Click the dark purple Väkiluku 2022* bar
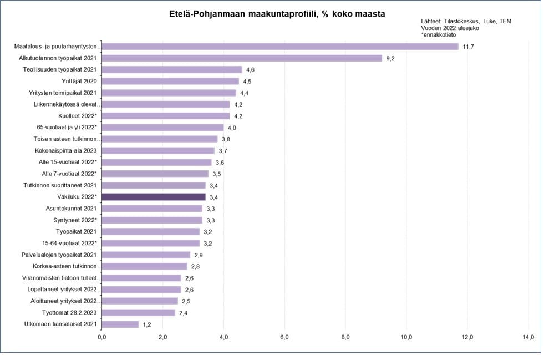(154, 197)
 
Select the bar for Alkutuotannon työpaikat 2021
(242, 58)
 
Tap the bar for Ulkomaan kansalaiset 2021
(120, 324)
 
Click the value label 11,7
(469, 47)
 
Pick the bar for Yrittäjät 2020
(170, 82)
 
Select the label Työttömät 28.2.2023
(69, 313)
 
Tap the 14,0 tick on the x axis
(528, 337)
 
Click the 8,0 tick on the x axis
(345, 337)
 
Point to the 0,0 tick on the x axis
(102, 337)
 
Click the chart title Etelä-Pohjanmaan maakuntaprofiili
(277, 13)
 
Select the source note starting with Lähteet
(466, 21)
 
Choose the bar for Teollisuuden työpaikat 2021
(172, 70)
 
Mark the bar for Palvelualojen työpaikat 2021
(146, 255)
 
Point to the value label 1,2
(147, 324)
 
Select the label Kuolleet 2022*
(78, 116)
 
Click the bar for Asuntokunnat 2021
(152, 209)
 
